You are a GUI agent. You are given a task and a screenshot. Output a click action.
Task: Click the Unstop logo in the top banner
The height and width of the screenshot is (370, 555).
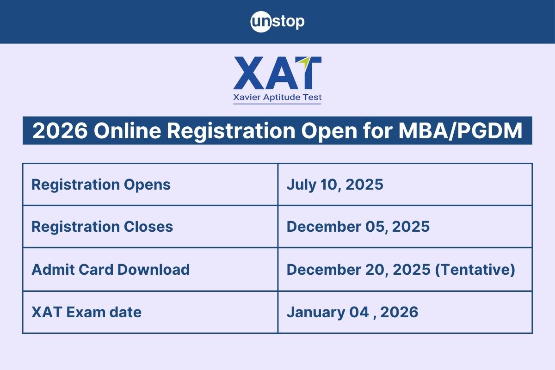(x=277, y=22)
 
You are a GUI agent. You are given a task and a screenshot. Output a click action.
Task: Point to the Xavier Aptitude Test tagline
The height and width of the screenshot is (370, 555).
(x=277, y=98)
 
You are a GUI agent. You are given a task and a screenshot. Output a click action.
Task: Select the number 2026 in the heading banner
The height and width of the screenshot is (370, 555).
(x=60, y=131)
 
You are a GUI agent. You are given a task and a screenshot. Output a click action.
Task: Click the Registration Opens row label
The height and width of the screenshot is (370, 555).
(x=101, y=185)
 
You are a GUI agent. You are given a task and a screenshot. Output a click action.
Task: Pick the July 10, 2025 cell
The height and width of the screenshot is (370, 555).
(x=335, y=185)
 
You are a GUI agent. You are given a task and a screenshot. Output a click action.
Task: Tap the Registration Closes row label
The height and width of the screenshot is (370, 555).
(x=102, y=227)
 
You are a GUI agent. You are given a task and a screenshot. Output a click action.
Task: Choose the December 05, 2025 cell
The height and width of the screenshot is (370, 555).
(x=358, y=227)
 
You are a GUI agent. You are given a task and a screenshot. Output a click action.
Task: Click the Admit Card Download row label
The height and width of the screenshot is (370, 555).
(x=111, y=269)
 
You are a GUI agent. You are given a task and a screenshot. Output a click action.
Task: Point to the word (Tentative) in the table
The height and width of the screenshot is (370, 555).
(x=475, y=269)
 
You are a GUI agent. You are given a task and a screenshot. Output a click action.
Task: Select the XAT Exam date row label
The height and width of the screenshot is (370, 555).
(x=86, y=312)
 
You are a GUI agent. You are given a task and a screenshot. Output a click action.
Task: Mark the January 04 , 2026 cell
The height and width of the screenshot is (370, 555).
(x=352, y=312)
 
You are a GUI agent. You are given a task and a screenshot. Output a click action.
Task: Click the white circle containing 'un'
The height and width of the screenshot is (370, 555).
(x=260, y=22)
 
